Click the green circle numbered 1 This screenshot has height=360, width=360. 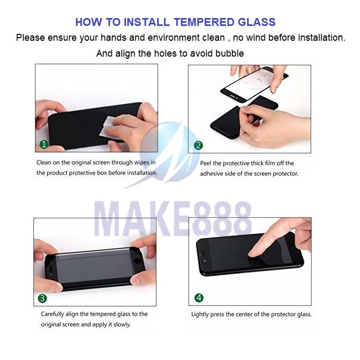click(x=44, y=145)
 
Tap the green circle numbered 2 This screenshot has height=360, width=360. click(x=199, y=146)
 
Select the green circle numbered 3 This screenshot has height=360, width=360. click(x=42, y=298)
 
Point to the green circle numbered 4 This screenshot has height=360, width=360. click(x=199, y=298)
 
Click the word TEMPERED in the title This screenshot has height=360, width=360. click(x=204, y=22)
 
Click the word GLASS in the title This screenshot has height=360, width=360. click(x=256, y=22)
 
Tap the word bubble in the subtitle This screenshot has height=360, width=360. click(x=229, y=53)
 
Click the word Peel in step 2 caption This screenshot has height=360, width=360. click(x=205, y=163)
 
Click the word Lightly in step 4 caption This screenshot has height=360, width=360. click(x=200, y=314)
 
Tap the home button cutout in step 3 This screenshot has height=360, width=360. click(x=138, y=261)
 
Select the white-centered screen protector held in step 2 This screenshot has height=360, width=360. click(x=255, y=84)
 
